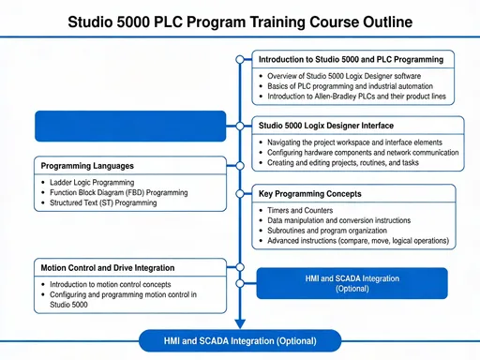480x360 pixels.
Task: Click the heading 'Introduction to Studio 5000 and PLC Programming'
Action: [x=351, y=59]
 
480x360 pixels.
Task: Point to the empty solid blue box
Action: [x=130, y=126]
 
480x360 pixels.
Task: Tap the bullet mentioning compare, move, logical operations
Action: [x=357, y=241]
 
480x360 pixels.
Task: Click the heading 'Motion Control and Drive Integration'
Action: [x=107, y=267]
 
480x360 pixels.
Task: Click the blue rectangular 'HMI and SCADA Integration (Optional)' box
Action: [x=352, y=283]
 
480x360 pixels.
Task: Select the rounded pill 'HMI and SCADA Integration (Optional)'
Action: [x=241, y=340]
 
